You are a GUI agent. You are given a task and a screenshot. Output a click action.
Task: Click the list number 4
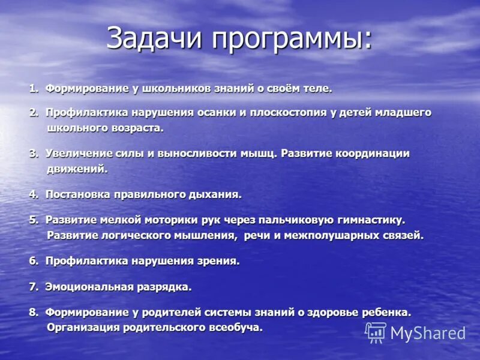(33, 194)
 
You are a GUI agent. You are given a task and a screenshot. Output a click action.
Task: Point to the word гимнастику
(366, 220)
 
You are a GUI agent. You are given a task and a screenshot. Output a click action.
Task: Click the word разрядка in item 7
(166, 287)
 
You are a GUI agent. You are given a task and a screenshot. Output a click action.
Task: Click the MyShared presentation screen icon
(376, 332)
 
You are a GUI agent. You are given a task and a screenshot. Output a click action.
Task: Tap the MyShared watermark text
(428, 333)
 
